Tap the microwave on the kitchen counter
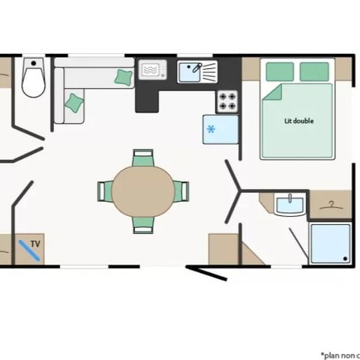[154, 70]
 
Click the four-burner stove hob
[227, 100]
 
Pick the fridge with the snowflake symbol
[220, 129]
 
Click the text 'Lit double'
[298, 121]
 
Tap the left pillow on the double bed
[280, 71]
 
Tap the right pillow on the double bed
[314, 71]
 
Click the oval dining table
[143, 191]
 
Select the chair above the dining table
[143, 158]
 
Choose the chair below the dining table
[143, 224]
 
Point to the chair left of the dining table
[104, 191]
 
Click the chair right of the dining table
[181, 191]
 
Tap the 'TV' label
[35, 244]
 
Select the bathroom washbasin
[289, 204]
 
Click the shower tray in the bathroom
[330, 243]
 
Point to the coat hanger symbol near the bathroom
[330, 204]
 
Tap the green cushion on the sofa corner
[124, 75]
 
